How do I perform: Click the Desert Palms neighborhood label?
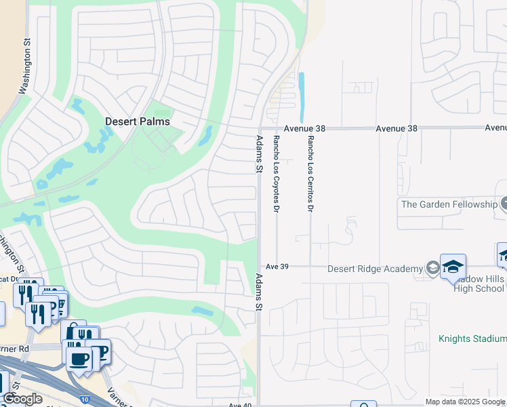[x=137, y=121]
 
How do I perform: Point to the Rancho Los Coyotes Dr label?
[x=276, y=174]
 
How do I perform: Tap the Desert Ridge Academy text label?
[x=374, y=268]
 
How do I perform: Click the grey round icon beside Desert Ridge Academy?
[x=432, y=268]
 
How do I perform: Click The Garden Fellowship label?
[x=448, y=203]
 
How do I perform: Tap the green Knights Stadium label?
[x=472, y=338]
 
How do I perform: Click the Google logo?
[x=22, y=399]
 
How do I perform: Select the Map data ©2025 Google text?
[x=466, y=401]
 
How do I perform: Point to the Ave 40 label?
[x=240, y=405]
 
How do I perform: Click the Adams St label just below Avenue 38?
[x=258, y=154]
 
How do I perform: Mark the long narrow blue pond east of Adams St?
[x=301, y=98]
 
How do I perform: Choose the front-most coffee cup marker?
[x=79, y=357]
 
